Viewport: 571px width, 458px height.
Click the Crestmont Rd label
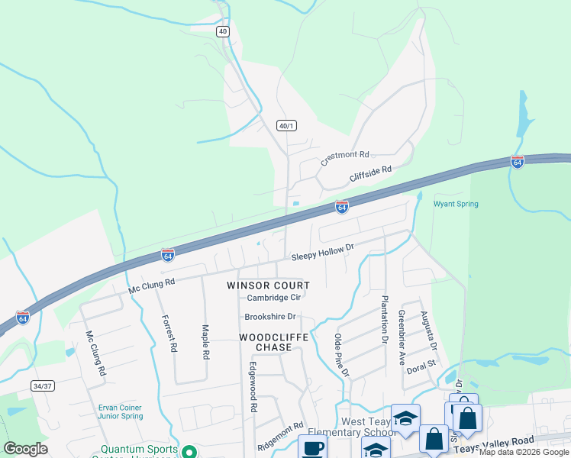click(x=344, y=157)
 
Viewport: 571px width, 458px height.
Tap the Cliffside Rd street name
click(x=370, y=175)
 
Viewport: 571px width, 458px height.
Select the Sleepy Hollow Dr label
click(x=323, y=252)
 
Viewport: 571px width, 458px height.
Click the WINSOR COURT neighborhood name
click(x=268, y=285)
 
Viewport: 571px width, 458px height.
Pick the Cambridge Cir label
click(x=273, y=298)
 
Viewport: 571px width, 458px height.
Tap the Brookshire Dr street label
click(x=269, y=317)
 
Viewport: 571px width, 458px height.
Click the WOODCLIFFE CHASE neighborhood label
click(x=266, y=342)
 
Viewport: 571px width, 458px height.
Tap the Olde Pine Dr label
click(x=341, y=355)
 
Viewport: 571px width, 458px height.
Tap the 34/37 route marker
click(x=43, y=386)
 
